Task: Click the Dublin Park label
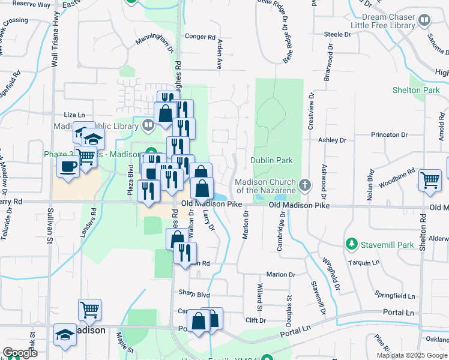pos(272,161)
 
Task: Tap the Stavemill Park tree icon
pos(352,244)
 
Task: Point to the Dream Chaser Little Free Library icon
pos(424,21)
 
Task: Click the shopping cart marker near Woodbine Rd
pos(430,179)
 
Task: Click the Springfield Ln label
pos(395,296)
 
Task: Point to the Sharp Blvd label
pos(194,294)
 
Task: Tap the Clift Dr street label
pos(255,320)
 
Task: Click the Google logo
pos(20,353)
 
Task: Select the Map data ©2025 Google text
pos(411,355)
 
